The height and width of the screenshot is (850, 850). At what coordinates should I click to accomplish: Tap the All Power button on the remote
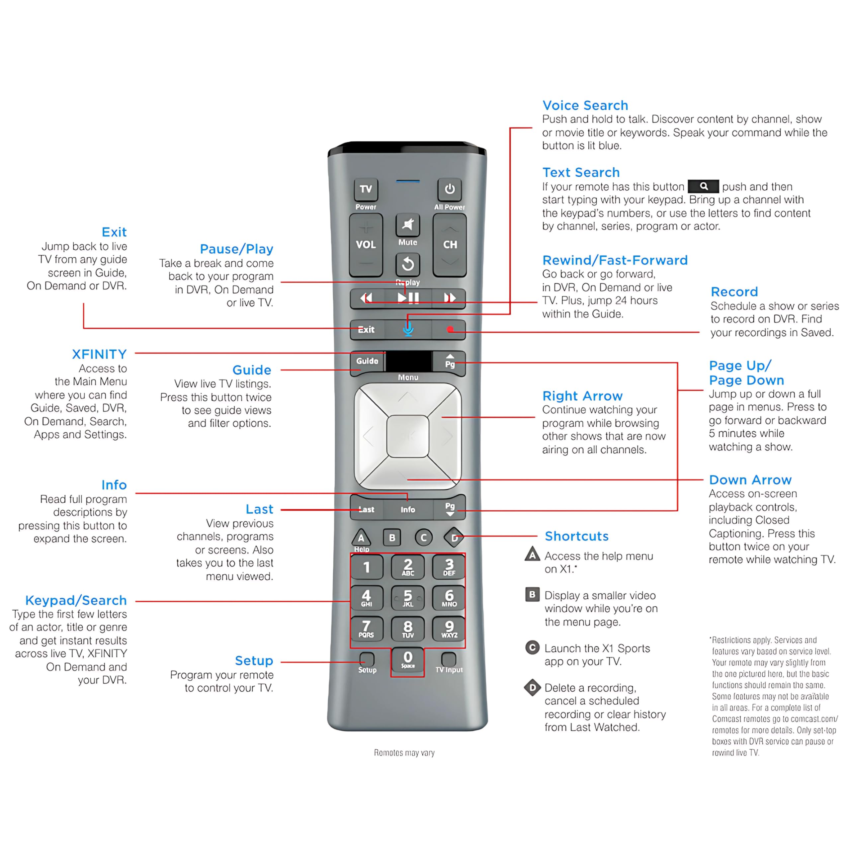(x=449, y=190)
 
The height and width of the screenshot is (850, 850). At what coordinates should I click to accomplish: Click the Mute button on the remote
(x=408, y=225)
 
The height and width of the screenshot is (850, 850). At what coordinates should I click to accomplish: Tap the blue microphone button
(x=408, y=329)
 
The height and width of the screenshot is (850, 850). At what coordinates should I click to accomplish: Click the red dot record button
(x=450, y=329)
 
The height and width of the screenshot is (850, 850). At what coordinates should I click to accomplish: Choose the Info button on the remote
(x=408, y=509)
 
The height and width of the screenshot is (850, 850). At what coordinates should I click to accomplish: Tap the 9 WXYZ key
(x=449, y=628)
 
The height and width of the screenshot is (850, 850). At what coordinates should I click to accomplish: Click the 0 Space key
(x=408, y=659)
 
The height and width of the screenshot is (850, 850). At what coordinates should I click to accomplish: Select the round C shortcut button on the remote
(x=424, y=537)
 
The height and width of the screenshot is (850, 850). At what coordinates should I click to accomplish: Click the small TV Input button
(x=449, y=659)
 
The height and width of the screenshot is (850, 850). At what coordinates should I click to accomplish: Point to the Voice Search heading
(x=585, y=106)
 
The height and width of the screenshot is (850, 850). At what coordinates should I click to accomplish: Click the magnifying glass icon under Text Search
(x=704, y=186)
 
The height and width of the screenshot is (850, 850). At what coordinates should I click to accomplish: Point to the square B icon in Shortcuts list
(x=532, y=595)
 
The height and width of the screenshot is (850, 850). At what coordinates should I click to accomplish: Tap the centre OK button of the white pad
(x=408, y=436)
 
